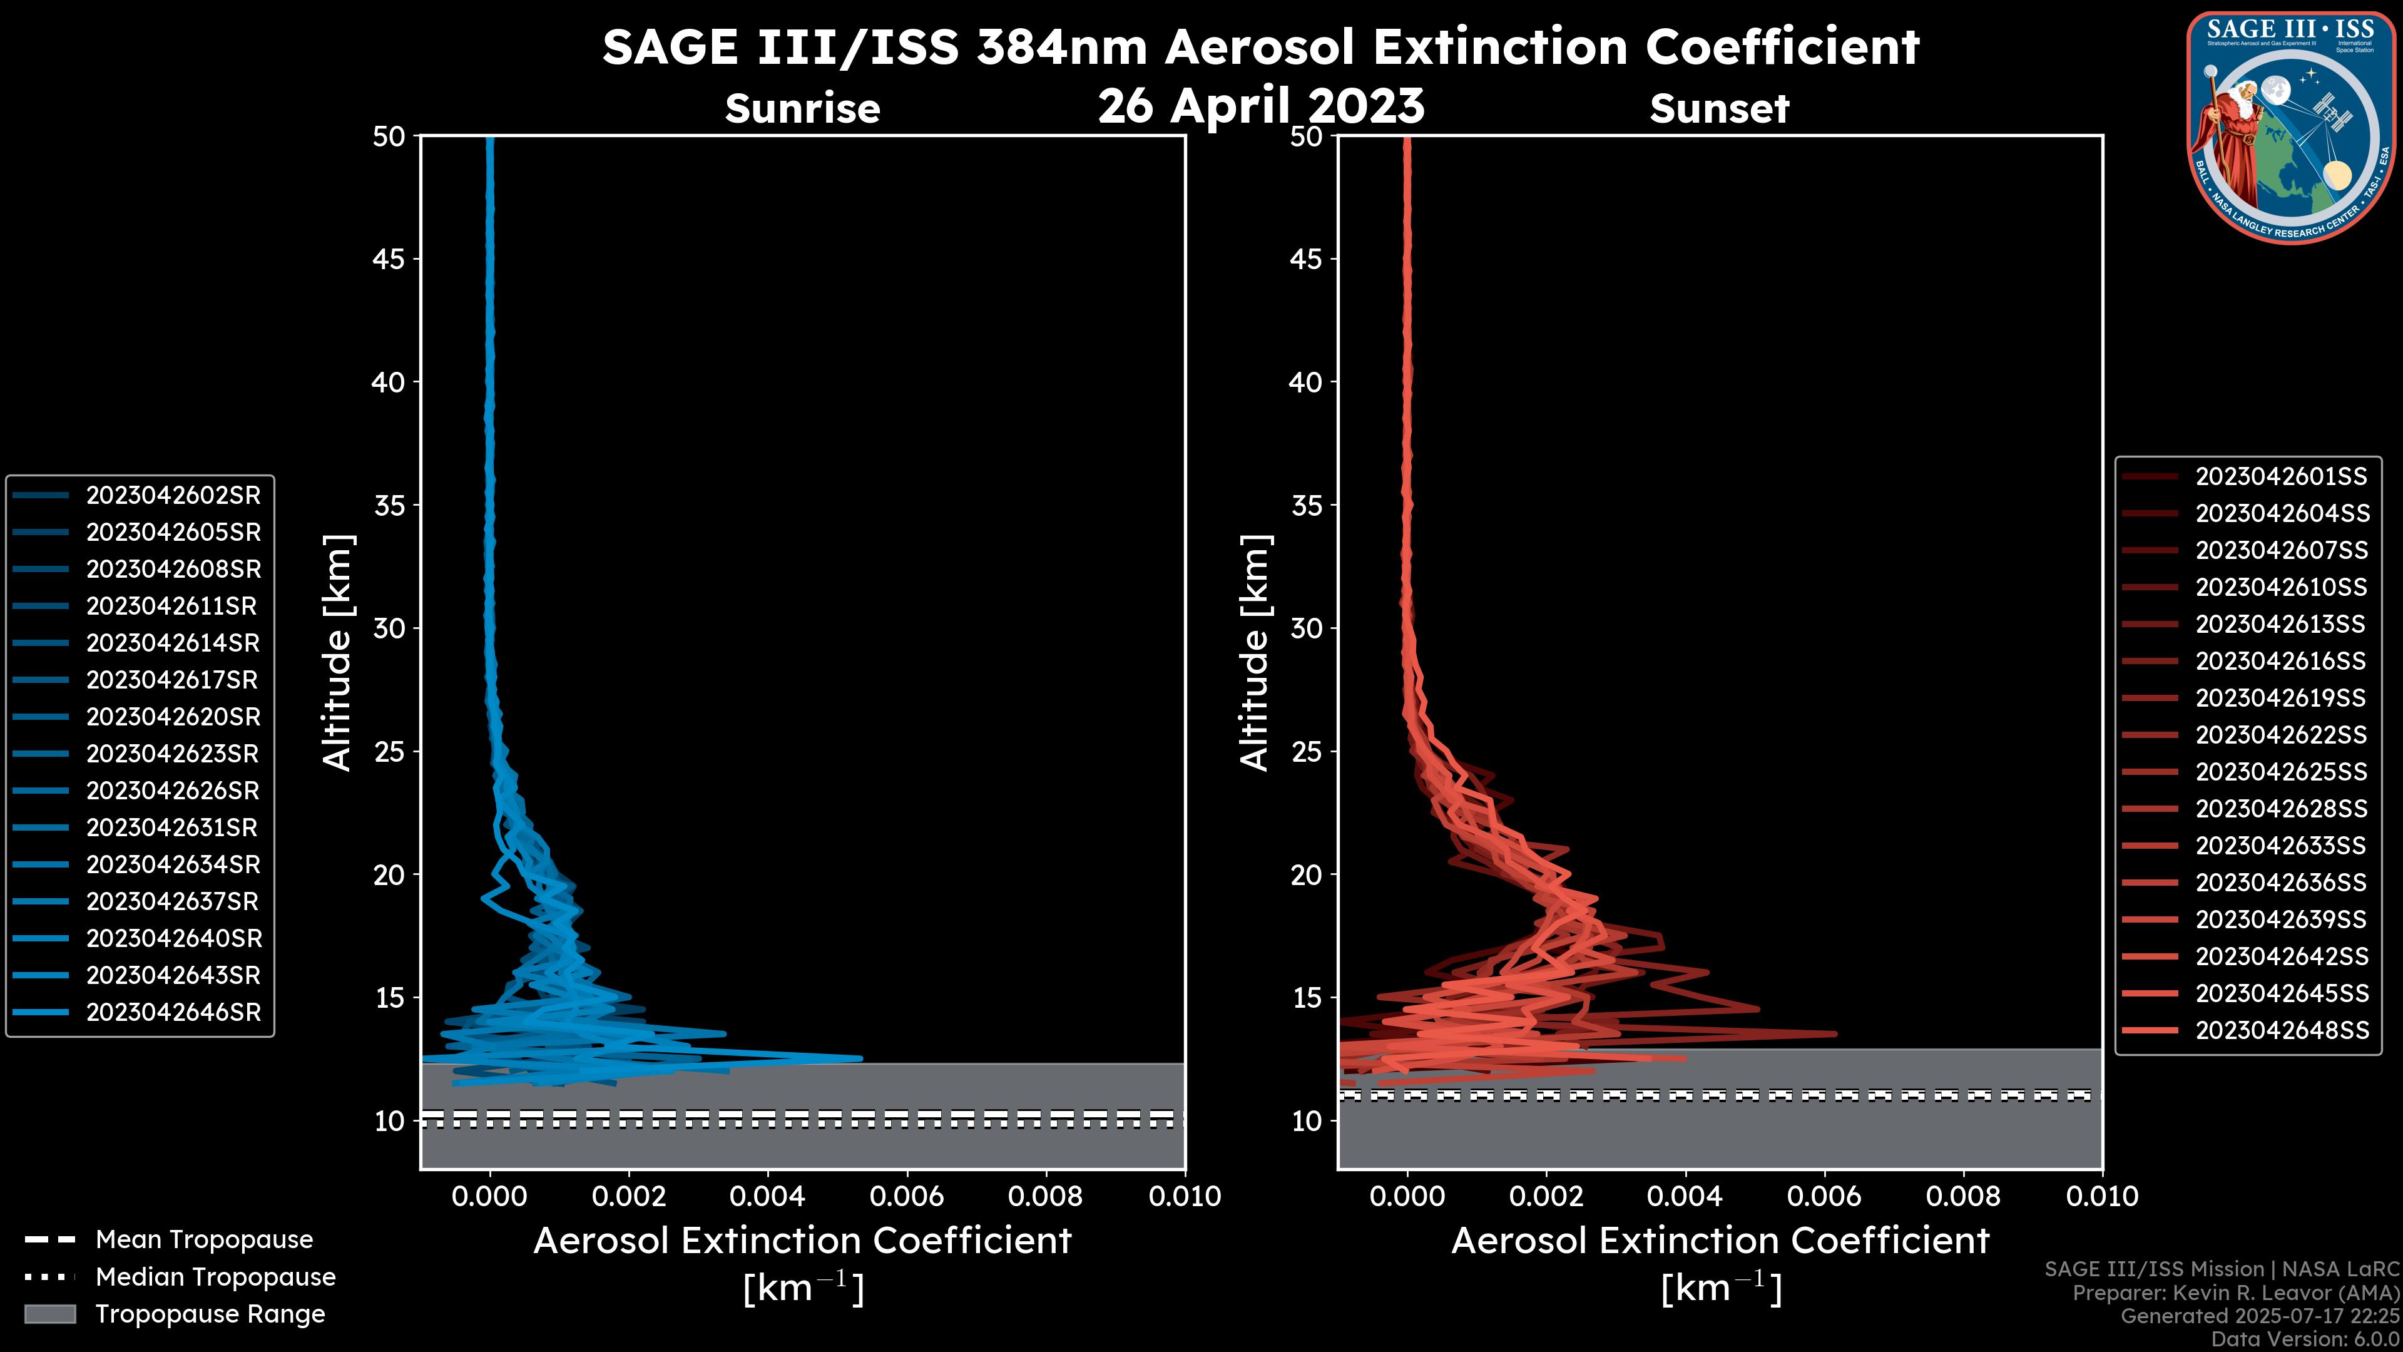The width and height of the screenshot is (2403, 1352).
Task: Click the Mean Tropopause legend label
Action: pyautogui.click(x=204, y=1239)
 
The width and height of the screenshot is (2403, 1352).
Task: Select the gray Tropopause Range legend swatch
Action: pyautogui.click(x=49, y=1314)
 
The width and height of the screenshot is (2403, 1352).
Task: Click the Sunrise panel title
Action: pyautogui.click(x=802, y=108)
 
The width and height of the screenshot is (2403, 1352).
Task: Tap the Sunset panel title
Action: pyautogui.click(x=1719, y=108)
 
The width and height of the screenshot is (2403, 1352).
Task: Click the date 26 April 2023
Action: pyautogui.click(x=1261, y=105)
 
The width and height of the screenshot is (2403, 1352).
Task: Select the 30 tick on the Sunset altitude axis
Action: pyautogui.click(x=1306, y=628)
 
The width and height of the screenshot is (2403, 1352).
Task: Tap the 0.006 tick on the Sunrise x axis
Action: pyautogui.click(x=907, y=1196)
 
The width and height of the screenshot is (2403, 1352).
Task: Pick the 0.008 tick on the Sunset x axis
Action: pyautogui.click(x=1964, y=1196)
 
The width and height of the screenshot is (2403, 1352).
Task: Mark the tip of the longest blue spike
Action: pyautogui.click(x=861, y=1058)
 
